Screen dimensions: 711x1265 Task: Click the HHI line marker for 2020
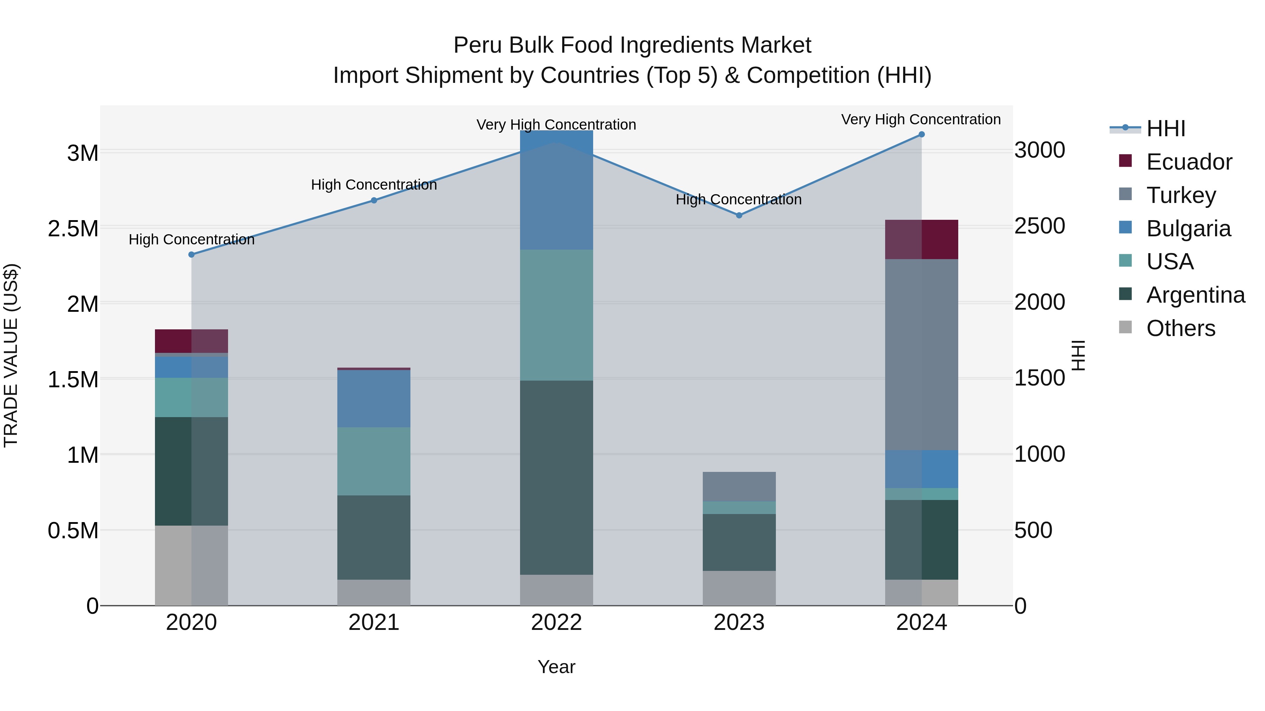tap(192, 255)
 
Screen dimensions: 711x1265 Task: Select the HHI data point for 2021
tap(374, 200)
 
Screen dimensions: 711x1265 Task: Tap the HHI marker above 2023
tap(739, 216)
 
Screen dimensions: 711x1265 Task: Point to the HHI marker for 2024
tap(921, 134)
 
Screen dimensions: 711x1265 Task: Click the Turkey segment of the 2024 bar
tap(921, 354)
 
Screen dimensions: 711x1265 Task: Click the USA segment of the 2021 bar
tap(374, 461)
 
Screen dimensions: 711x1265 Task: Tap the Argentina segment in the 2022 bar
tap(556, 478)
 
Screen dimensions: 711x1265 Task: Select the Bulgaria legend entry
tap(1188, 229)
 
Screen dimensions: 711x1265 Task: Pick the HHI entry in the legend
tap(1165, 129)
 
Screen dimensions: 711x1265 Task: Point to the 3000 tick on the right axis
tap(1040, 150)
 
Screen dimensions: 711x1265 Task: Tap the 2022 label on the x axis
tap(556, 623)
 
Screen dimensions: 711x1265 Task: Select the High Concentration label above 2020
tap(192, 239)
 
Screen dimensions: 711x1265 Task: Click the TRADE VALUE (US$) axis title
tap(11, 355)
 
